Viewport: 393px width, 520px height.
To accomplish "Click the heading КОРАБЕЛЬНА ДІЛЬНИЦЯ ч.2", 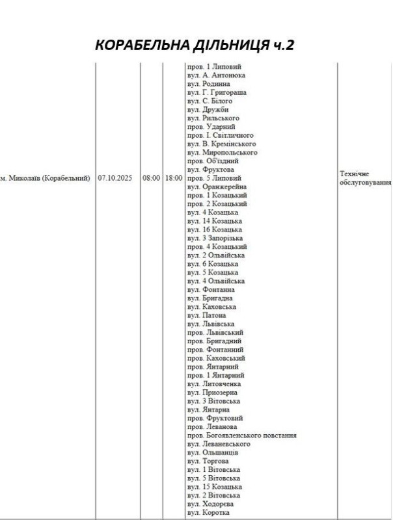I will [196, 45].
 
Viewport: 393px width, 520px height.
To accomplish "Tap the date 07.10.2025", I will [117, 177].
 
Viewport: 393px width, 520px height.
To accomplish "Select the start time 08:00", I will [151, 177].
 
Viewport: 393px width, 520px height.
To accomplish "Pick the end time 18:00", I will [173, 177].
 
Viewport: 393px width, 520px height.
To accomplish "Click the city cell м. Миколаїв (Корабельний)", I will [46, 177].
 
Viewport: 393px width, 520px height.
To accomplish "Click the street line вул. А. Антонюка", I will [215, 75].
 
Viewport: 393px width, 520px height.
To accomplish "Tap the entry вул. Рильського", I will [213, 118].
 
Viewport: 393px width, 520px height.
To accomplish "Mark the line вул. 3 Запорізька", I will [214, 238].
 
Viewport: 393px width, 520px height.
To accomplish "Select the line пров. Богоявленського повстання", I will [241, 435].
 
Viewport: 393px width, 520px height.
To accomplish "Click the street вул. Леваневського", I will [219, 444].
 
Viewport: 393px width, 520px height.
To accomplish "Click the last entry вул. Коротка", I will [208, 512].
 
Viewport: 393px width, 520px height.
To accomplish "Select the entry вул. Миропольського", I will [221, 152].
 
